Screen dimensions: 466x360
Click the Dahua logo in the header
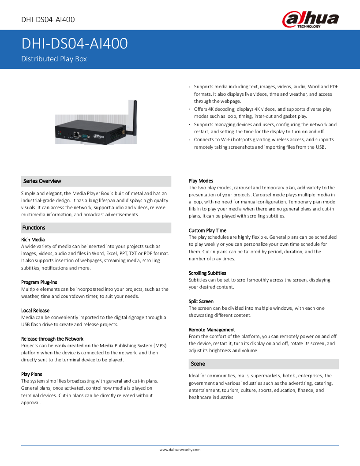pos(311,20)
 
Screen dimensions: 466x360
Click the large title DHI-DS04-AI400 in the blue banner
pos(75,44)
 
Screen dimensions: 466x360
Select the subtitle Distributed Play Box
pos(54,59)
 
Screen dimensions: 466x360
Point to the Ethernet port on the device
pos(77,133)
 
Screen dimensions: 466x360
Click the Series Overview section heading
pos(42,181)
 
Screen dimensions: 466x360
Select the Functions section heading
pos(34,228)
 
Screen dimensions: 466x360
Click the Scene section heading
pos(198,364)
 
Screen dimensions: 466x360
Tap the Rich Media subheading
pos(33,240)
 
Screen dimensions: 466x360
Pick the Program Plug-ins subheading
pos(39,282)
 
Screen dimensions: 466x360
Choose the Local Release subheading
pos(35,310)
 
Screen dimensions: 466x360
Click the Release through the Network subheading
pos(52,338)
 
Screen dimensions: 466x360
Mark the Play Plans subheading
pos(32,374)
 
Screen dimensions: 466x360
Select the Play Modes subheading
pos(201,181)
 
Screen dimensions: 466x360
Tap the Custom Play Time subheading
pos(207,230)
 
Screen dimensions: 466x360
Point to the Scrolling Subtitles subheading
pos(207,273)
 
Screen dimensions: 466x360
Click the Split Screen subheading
pos(201,301)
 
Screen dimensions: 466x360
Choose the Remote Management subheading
pos(212,330)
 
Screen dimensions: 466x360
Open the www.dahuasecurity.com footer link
pos(180,450)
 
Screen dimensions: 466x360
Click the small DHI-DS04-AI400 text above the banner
pos(48,19)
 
